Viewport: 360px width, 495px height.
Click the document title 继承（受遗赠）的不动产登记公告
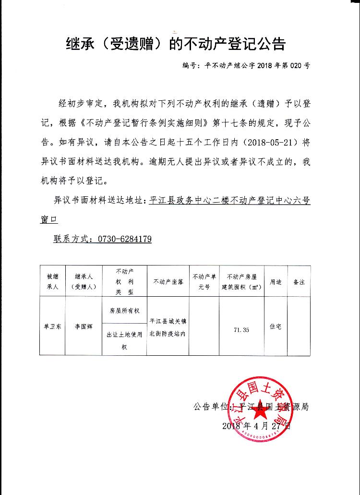pyautogui.click(x=175, y=44)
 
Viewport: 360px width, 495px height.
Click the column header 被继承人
pyautogui.click(x=52, y=282)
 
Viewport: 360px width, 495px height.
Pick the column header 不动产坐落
pyautogui.click(x=168, y=282)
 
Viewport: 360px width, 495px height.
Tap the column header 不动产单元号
pyautogui.click(x=204, y=282)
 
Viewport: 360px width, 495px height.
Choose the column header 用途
pyautogui.click(x=275, y=282)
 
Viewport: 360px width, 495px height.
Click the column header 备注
pyautogui.click(x=299, y=282)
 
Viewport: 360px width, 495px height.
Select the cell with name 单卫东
pyautogui.click(x=52, y=326)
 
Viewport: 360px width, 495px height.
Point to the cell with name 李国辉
pyautogui.click(x=84, y=326)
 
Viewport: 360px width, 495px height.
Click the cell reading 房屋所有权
pyautogui.click(x=124, y=311)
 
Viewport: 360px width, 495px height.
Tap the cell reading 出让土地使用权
pyautogui.click(x=124, y=340)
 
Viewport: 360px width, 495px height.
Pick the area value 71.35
pyautogui.click(x=241, y=330)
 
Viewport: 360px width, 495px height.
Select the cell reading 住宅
pyautogui.click(x=275, y=326)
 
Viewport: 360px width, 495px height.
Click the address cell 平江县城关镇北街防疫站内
pyautogui.click(x=168, y=326)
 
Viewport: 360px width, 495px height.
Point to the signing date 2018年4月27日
pyautogui.click(x=257, y=426)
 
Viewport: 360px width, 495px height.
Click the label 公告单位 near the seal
pyautogui.click(x=210, y=407)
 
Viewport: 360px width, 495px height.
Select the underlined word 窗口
pyautogui.click(x=48, y=219)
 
